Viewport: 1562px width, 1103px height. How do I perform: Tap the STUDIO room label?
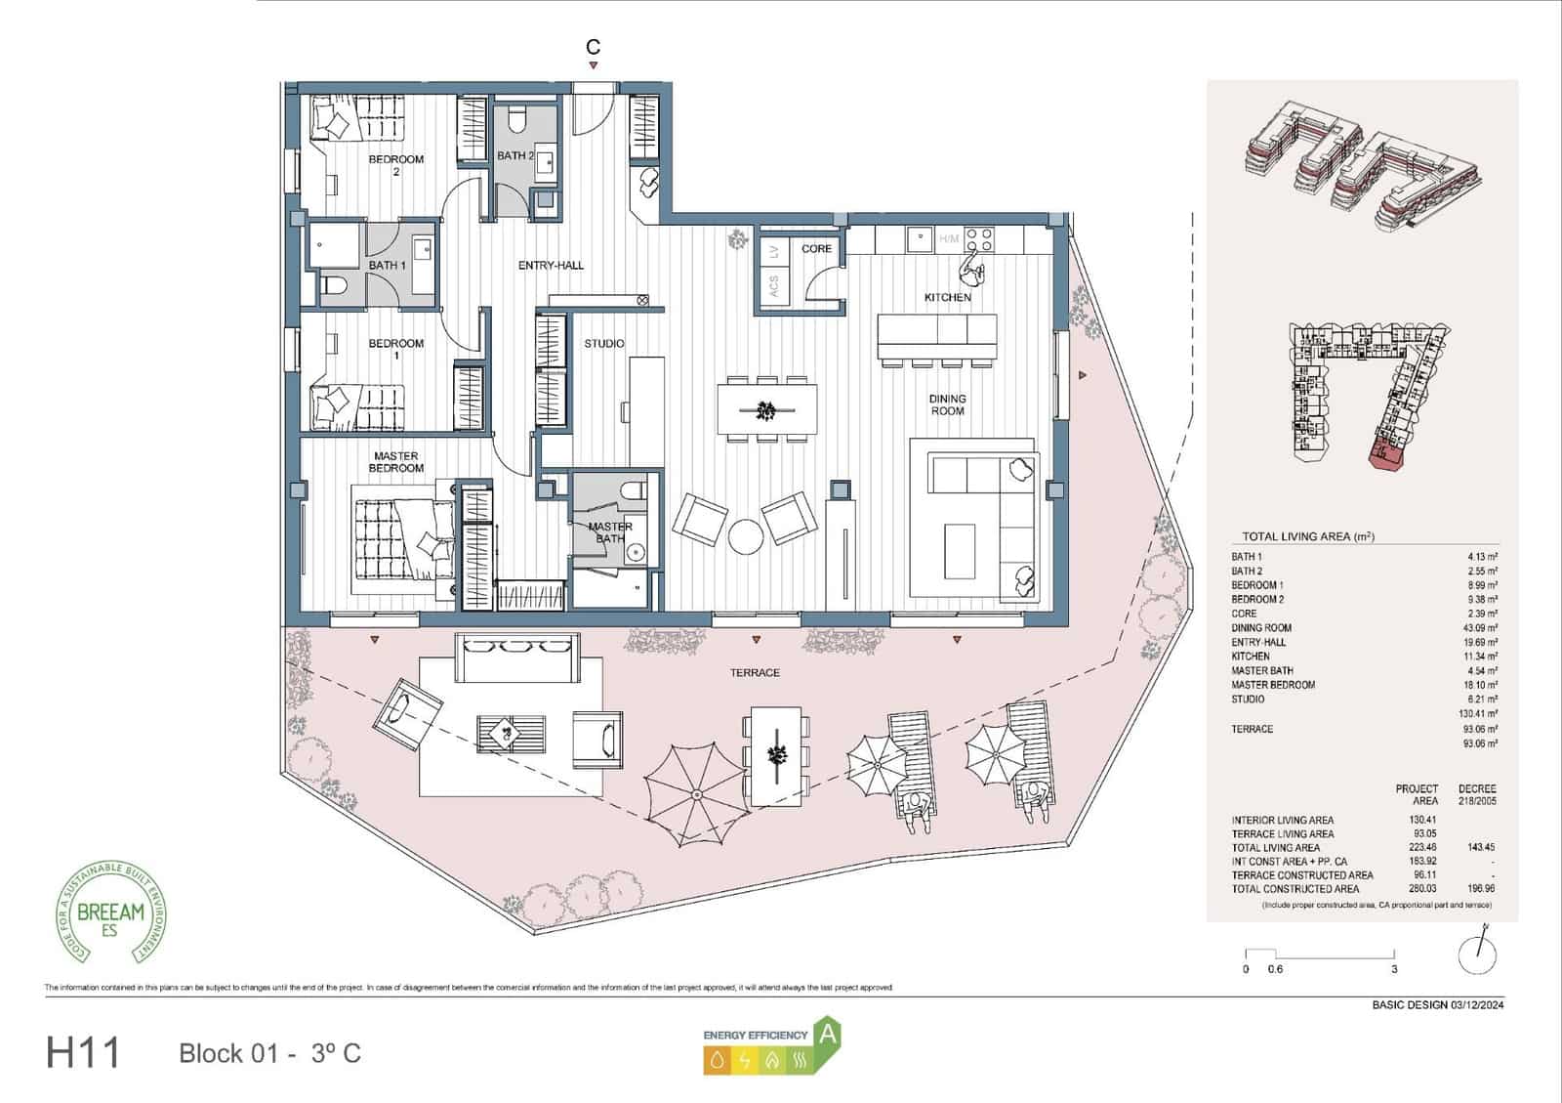(604, 344)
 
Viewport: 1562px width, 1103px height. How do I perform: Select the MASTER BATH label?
(610, 532)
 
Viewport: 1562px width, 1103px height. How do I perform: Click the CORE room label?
(816, 249)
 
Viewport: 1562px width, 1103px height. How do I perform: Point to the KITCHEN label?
(947, 297)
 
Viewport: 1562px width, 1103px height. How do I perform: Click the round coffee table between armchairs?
(745, 536)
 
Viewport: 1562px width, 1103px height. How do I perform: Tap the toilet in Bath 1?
(333, 286)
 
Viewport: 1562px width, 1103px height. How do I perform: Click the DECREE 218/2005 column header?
(1476, 794)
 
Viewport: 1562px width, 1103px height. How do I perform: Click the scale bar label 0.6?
(1275, 970)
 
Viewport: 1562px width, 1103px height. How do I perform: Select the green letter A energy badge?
(828, 1035)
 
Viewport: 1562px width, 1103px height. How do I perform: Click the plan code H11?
(83, 1053)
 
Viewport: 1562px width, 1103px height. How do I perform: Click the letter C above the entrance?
(593, 47)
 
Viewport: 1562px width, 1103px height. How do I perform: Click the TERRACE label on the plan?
(755, 673)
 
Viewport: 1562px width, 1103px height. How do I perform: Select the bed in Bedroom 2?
(356, 122)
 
